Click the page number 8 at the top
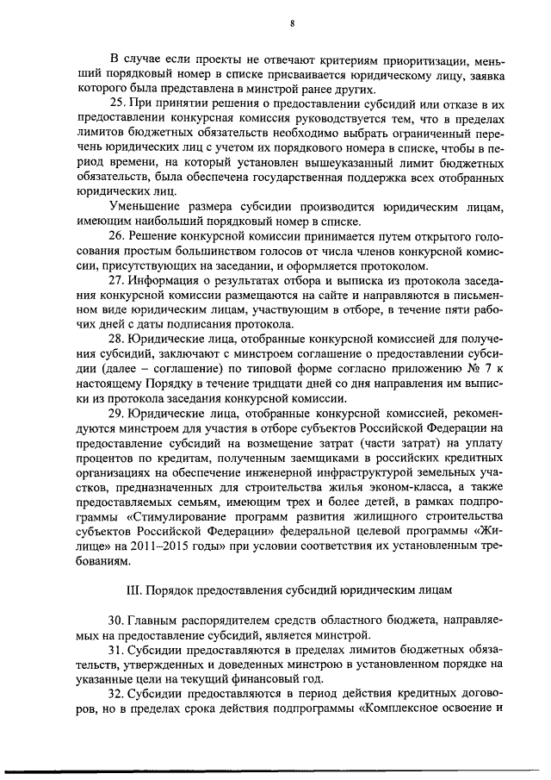(x=293, y=24)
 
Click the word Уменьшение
(x=150, y=206)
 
